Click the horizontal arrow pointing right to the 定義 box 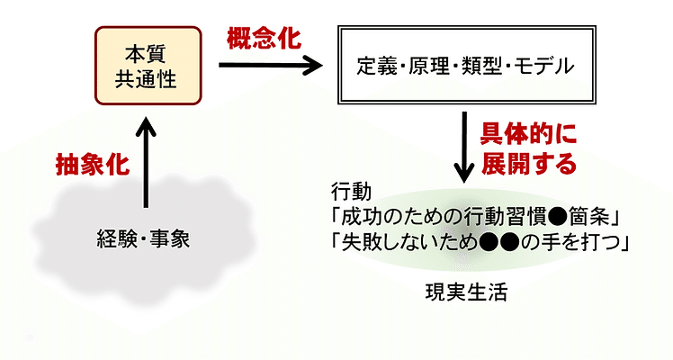coord(270,65)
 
